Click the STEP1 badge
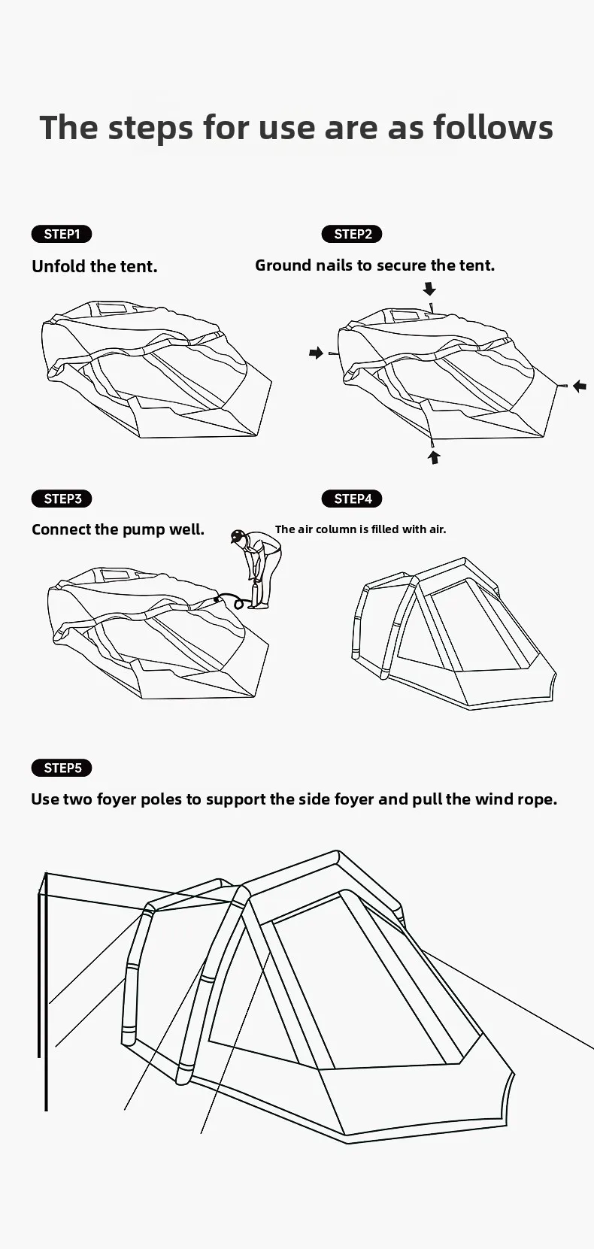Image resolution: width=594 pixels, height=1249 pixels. [62, 234]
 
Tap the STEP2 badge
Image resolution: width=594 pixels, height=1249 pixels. [352, 234]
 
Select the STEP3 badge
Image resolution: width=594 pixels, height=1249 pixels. [62, 499]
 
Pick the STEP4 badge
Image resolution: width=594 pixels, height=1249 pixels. [352, 499]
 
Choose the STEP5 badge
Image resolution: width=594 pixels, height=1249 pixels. [62, 768]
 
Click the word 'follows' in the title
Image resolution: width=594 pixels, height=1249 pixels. [493, 127]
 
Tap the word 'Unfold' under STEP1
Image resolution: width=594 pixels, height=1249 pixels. [59, 266]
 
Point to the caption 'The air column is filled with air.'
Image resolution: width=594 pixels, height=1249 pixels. [360, 529]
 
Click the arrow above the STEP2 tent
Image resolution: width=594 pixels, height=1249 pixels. [429, 289]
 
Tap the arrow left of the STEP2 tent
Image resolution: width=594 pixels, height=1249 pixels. [316, 353]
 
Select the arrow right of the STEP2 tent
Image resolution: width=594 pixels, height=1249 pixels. [579, 386]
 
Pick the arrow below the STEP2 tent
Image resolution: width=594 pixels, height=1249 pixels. [434, 456]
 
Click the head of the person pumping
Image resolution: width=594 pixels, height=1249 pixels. [238, 536]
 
